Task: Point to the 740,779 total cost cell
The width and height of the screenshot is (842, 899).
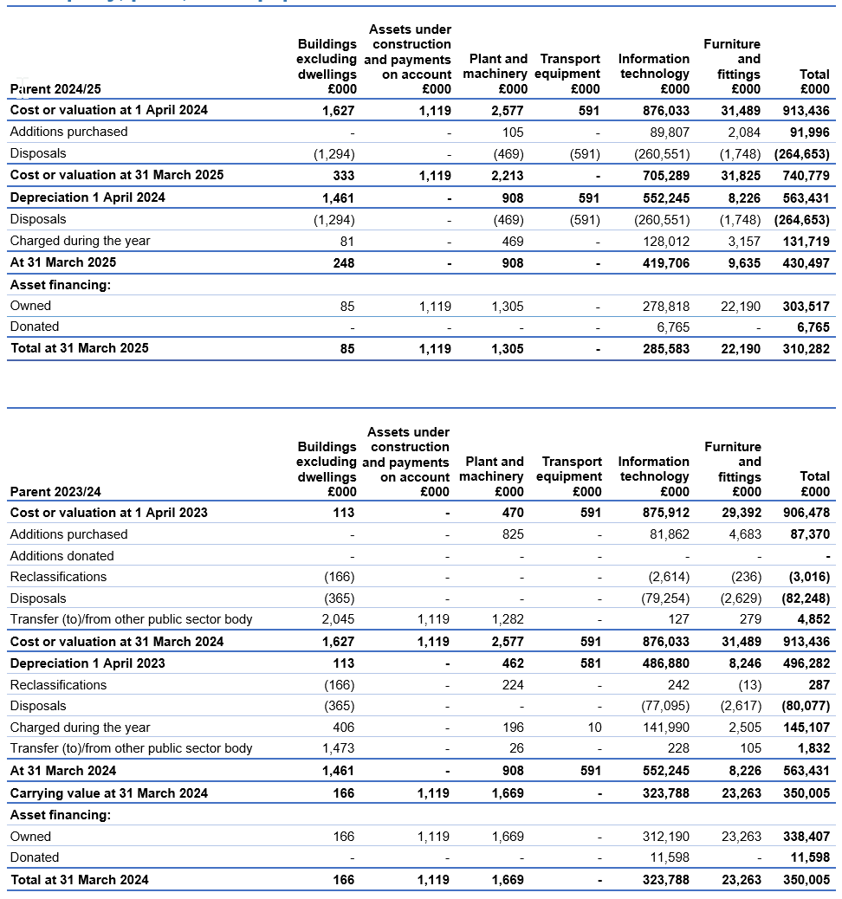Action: pos(806,175)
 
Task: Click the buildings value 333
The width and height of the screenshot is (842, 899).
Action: pos(343,175)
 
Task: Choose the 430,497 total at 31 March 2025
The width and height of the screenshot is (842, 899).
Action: pos(806,262)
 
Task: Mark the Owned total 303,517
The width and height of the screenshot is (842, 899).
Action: pos(806,306)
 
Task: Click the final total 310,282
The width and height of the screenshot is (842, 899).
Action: pos(806,348)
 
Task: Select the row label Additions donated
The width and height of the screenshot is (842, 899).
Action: pos(62,556)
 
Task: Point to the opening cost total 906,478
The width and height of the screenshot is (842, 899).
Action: pos(806,513)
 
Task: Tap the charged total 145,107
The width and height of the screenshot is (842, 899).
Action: pos(806,728)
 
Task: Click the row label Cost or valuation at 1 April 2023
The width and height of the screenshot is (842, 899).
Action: pos(108,513)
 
